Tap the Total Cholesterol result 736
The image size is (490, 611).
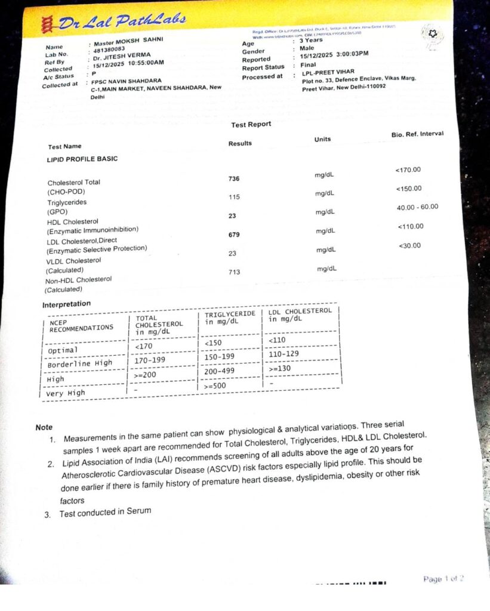234,178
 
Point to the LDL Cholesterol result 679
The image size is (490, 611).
234,234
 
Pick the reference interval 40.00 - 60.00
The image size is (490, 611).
417,207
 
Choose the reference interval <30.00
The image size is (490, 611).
409,245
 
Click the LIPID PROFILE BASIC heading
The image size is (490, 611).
82,159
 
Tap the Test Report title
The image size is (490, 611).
251,124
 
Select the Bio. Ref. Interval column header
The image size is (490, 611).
417,134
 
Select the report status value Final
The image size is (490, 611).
309,65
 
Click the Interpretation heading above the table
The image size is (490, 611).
66,304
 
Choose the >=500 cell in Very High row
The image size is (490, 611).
218,386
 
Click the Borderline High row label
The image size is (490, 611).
80,363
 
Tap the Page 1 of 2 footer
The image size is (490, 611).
443,579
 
